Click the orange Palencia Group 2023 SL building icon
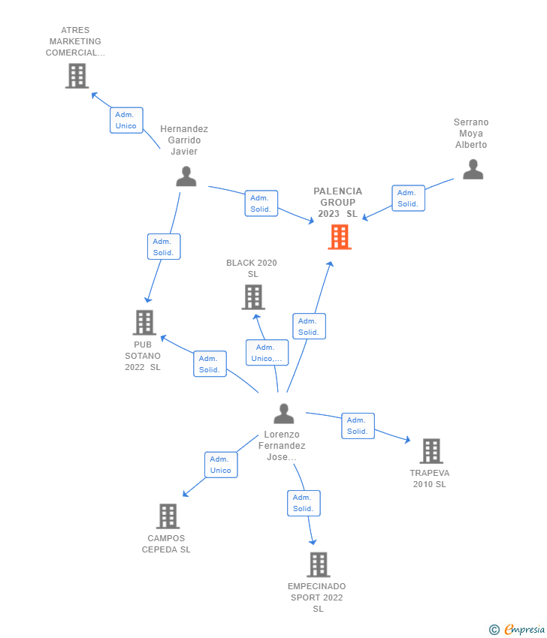coord(340,236)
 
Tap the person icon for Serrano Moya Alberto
coord(473,170)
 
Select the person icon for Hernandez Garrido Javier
coord(186,176)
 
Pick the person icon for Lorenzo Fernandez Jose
coord(283,414)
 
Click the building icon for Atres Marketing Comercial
coord(77,76)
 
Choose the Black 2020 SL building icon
coord(253,297)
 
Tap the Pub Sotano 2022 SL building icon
coord(144,323)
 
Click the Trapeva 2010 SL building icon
coord(431,451)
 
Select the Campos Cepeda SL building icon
coord(168,516)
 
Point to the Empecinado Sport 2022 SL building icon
coord(318,564)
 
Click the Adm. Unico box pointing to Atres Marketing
coord(126,120)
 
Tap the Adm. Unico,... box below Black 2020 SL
coord(267,352)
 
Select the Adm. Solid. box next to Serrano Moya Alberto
coord(408,198)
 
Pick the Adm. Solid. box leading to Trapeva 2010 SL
coord(358,426)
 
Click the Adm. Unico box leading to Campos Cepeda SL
coord(221,465)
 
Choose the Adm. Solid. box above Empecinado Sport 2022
coord(304,503)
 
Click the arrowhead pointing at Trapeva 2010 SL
coord(407,439)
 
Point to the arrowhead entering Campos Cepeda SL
coord(186,494)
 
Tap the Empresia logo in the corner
coord(517,629)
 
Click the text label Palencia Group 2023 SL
coord(337,202)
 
